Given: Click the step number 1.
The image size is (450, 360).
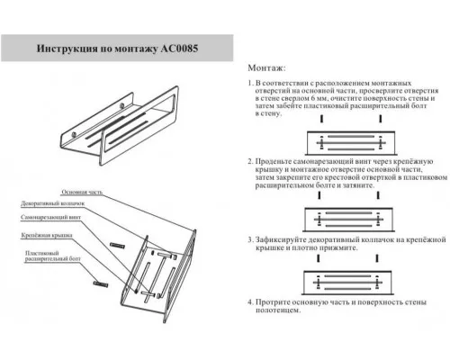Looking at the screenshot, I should point(249,82).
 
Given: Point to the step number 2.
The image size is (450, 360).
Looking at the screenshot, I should point(249,161).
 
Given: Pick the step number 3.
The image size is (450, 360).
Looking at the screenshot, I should point(249,240).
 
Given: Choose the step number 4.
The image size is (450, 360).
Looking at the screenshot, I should point(249,303).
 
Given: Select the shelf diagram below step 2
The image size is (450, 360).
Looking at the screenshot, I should point(346,217).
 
